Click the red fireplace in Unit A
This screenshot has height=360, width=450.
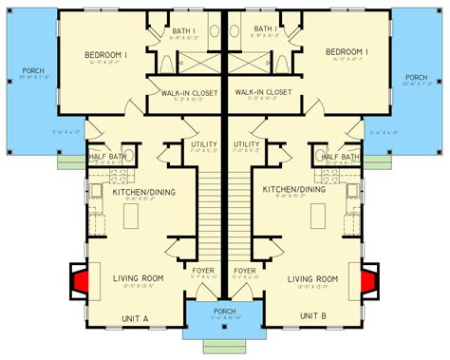coord(83,280)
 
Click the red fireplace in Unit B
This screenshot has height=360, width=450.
coord(366,280)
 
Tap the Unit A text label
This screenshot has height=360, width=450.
coord(135,318)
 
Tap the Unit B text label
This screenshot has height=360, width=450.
coord(314,318)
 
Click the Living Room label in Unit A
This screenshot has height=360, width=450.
coord(135,277)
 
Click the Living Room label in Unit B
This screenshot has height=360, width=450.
coord(314,277)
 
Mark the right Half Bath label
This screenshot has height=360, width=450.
coord(339,157)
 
